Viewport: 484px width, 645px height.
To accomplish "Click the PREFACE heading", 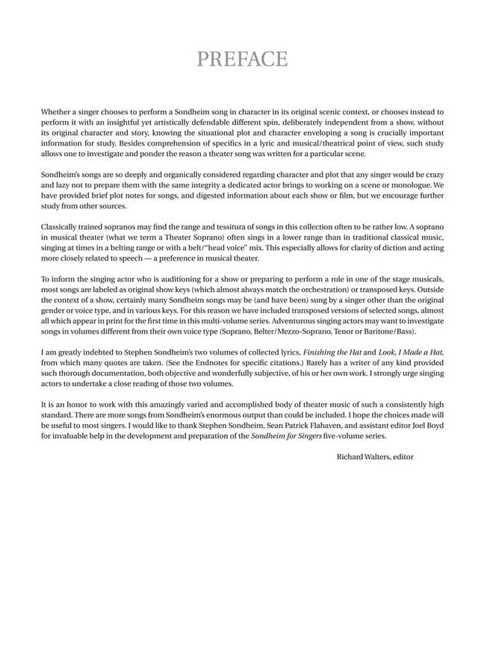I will point(241,59).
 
